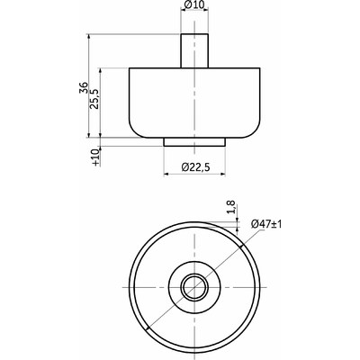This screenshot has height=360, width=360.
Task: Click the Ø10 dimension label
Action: point(194,4)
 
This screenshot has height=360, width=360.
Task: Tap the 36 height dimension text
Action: point(84,87)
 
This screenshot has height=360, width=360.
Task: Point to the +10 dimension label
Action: point(95,157)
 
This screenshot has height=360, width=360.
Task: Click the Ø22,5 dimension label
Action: point(195,167)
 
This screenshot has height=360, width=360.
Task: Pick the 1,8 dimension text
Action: point(231,207)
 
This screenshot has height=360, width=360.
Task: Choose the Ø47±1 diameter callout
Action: point(266,224)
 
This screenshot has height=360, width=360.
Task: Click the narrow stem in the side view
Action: point(194,51)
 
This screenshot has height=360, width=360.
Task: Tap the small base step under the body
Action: point(194,142)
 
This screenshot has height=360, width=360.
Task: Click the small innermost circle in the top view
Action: point(184,287)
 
